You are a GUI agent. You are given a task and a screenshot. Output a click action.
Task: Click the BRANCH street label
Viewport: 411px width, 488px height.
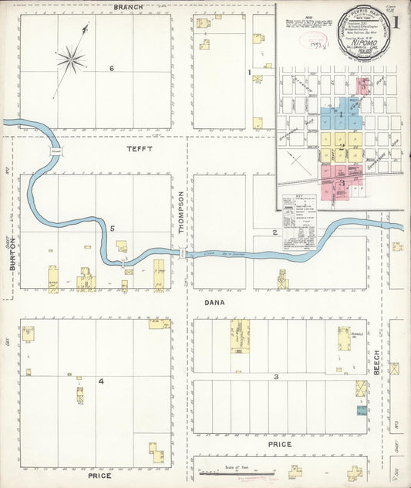point(124,7)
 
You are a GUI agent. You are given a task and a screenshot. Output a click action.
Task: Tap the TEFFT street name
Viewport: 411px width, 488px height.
point(141,148)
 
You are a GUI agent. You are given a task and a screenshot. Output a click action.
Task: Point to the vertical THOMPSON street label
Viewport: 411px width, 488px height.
point(181,212)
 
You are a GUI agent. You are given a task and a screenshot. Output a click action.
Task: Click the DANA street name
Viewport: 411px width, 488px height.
point(214,303)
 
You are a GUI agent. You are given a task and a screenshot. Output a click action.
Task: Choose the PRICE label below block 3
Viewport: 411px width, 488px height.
point(279,445)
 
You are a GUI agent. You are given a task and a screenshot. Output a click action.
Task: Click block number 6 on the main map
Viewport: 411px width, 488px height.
point(112,69)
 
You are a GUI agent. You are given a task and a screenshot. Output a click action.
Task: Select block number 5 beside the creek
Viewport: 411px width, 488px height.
point(112,229)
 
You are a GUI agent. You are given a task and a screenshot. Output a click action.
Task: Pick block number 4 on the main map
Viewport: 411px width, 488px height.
point(100,381)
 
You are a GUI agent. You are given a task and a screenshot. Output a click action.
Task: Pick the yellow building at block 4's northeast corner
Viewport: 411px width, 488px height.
point(160,324)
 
